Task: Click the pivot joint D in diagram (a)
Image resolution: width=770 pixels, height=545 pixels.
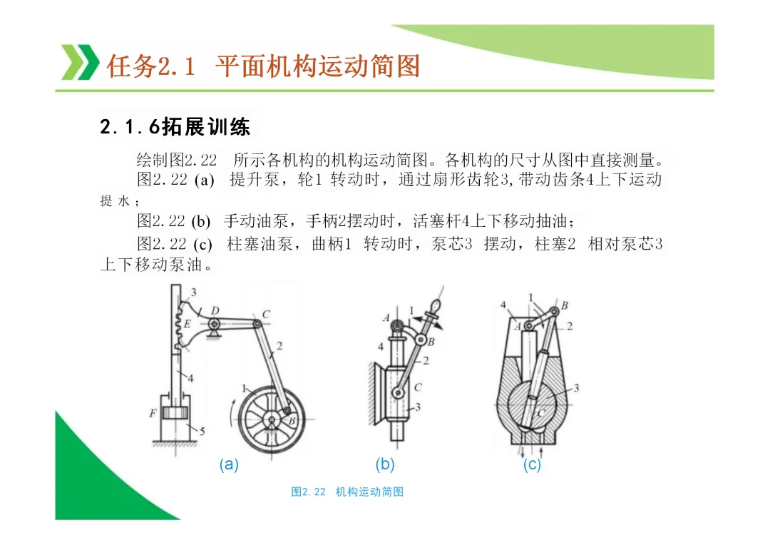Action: tap(214, 325)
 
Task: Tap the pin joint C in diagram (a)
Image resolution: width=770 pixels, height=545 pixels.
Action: tap(257, 324)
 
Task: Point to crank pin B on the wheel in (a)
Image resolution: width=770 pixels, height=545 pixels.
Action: tap(287, 410)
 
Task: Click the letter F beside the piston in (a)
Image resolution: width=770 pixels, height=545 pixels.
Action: tap(153, 414)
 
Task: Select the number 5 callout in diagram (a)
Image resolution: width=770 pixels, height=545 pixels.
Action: tap(202, 432)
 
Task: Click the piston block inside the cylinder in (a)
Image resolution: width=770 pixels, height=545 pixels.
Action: tap(173, 413)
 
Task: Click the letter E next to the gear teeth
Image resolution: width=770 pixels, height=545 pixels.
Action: tap(187, 325)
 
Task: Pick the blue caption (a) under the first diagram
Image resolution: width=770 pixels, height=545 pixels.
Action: tap(229, 464)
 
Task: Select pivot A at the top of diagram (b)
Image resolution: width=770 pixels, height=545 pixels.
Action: tap(397, 325)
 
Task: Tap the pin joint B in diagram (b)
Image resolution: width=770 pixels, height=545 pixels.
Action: tap(421, 340)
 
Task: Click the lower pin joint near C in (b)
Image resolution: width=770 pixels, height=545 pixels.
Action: tap(397, 392)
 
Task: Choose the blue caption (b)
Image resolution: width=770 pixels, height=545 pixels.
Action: tap(385, 464)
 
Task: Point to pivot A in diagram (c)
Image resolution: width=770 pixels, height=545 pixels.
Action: tap(528, 326)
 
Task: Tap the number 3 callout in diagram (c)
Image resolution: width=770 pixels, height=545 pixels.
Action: tap(577, 388)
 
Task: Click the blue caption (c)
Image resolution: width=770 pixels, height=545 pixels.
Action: tap(532, 464)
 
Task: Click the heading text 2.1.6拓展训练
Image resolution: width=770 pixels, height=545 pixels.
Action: tap(175, 127)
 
